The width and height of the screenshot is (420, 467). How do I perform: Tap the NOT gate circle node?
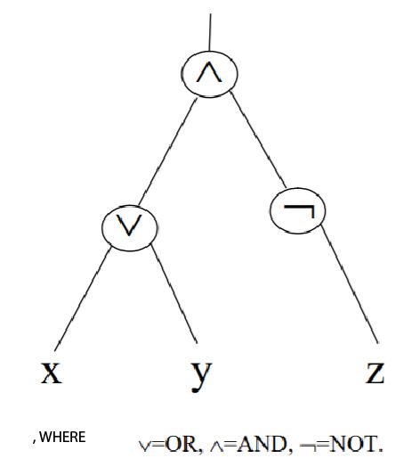tap(297, 210)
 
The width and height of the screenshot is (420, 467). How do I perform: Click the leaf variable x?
tap(52, 370)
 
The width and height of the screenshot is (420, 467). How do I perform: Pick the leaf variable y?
tap(202, 373)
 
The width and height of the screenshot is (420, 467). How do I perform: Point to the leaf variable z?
tap(375, 371)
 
